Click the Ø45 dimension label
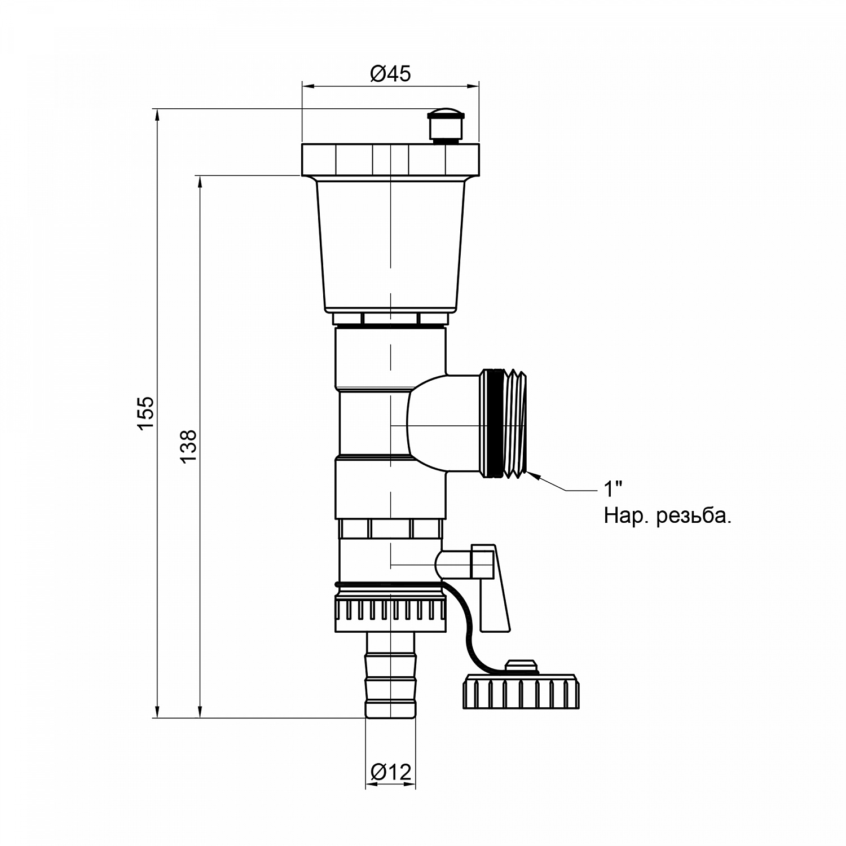(390, 74)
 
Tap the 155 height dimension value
(146, 413)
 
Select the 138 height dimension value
(188, 447)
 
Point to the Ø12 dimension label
(391, 772)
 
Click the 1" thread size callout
(613, 489)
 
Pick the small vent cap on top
(446, 125)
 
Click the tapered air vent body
(390, 246)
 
